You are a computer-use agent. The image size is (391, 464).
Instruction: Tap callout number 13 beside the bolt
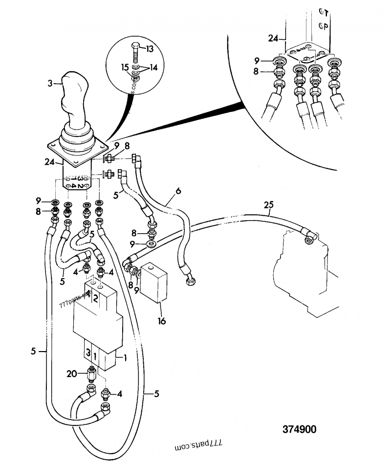tap(149, 49)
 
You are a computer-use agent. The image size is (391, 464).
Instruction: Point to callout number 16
tap(162, 321)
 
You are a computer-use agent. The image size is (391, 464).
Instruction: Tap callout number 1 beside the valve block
tap(126, 357)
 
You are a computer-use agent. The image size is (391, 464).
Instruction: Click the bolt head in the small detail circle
tap(135, 47)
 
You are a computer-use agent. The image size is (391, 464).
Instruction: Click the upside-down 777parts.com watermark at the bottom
tap(198, 446)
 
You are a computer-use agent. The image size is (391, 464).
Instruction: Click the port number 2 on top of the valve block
tap(96, 298)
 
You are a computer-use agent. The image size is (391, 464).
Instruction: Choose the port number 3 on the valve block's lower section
tap(88, 352)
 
